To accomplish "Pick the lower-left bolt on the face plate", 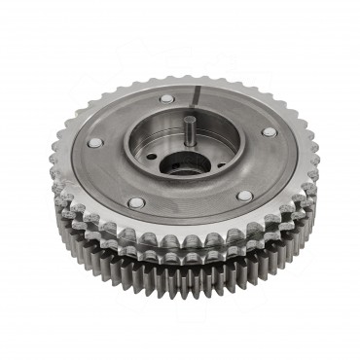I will coord(136,202).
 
